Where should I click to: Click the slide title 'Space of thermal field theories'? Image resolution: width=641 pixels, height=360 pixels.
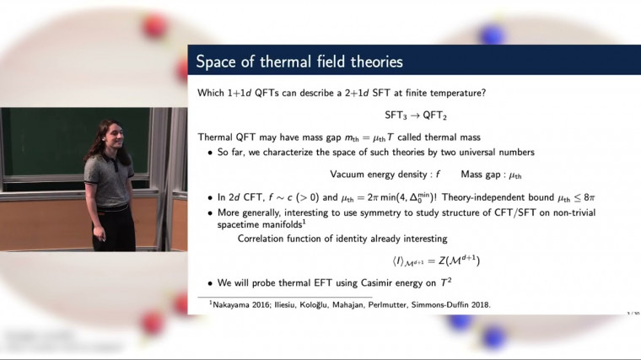tap(299, 62)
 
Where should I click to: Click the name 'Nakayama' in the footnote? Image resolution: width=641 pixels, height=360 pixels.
tap(226, 304)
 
